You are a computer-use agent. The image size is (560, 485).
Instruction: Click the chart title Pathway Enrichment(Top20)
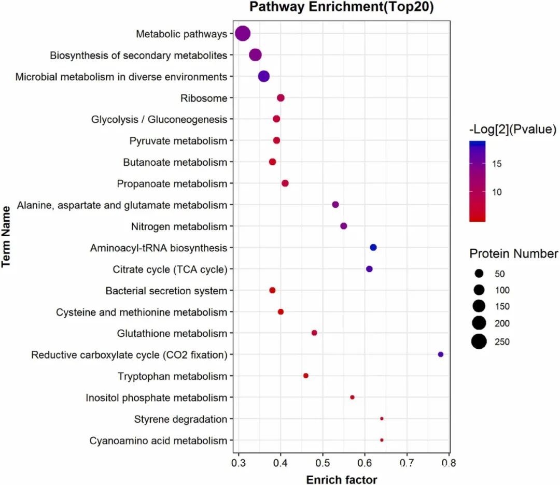click(341, 7)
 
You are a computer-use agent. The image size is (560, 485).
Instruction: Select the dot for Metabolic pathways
click(243, 34)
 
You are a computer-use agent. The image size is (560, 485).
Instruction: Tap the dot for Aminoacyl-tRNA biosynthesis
click(373, 248)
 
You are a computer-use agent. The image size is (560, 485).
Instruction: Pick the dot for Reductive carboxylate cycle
click(441, 354)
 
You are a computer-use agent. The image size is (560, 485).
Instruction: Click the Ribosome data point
click(281, 98)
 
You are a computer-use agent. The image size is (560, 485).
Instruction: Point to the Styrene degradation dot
click(382, 419)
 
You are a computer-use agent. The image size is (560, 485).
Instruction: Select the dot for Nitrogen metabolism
click(343, 226)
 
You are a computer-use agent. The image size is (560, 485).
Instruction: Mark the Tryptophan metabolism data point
click(306, 376)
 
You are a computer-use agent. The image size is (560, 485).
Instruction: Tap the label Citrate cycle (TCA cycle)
click(170, 269)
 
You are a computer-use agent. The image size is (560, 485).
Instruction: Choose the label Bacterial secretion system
click(166, 291)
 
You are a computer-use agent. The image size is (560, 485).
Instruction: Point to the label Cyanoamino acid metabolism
click(158, 441)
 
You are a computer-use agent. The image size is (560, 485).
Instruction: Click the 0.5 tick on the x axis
click(323, 461)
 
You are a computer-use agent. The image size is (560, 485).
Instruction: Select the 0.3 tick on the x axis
click(239, 461)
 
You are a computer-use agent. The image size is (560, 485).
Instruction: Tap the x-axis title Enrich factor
click(342, 479)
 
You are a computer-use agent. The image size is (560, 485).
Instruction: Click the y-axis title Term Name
click(7, 237)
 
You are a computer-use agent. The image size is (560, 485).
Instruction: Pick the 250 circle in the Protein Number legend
click(479, 341)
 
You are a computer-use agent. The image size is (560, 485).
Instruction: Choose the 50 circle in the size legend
click(479, 273)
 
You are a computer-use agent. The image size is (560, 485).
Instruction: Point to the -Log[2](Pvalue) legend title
click(511, 129)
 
